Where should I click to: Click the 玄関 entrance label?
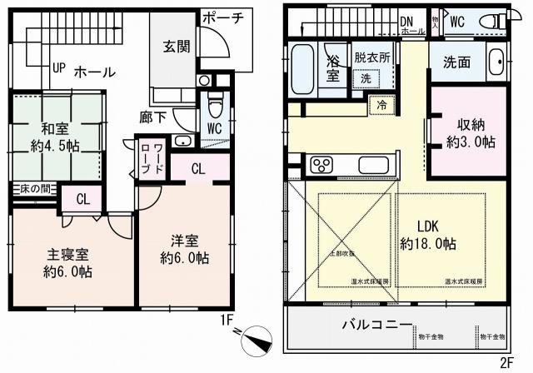pyautogui.click(x=177, y=47)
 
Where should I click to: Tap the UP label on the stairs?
pyautogui.click(x=58, y=67)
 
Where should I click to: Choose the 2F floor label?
pyautogui.click(x=506, y=362)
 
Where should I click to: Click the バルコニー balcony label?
pyautogui.click(x=375, y=324)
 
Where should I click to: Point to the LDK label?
pyautogui.click(x=427, y=226)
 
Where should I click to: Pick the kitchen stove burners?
pyautogui.click(x=321, y=165)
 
